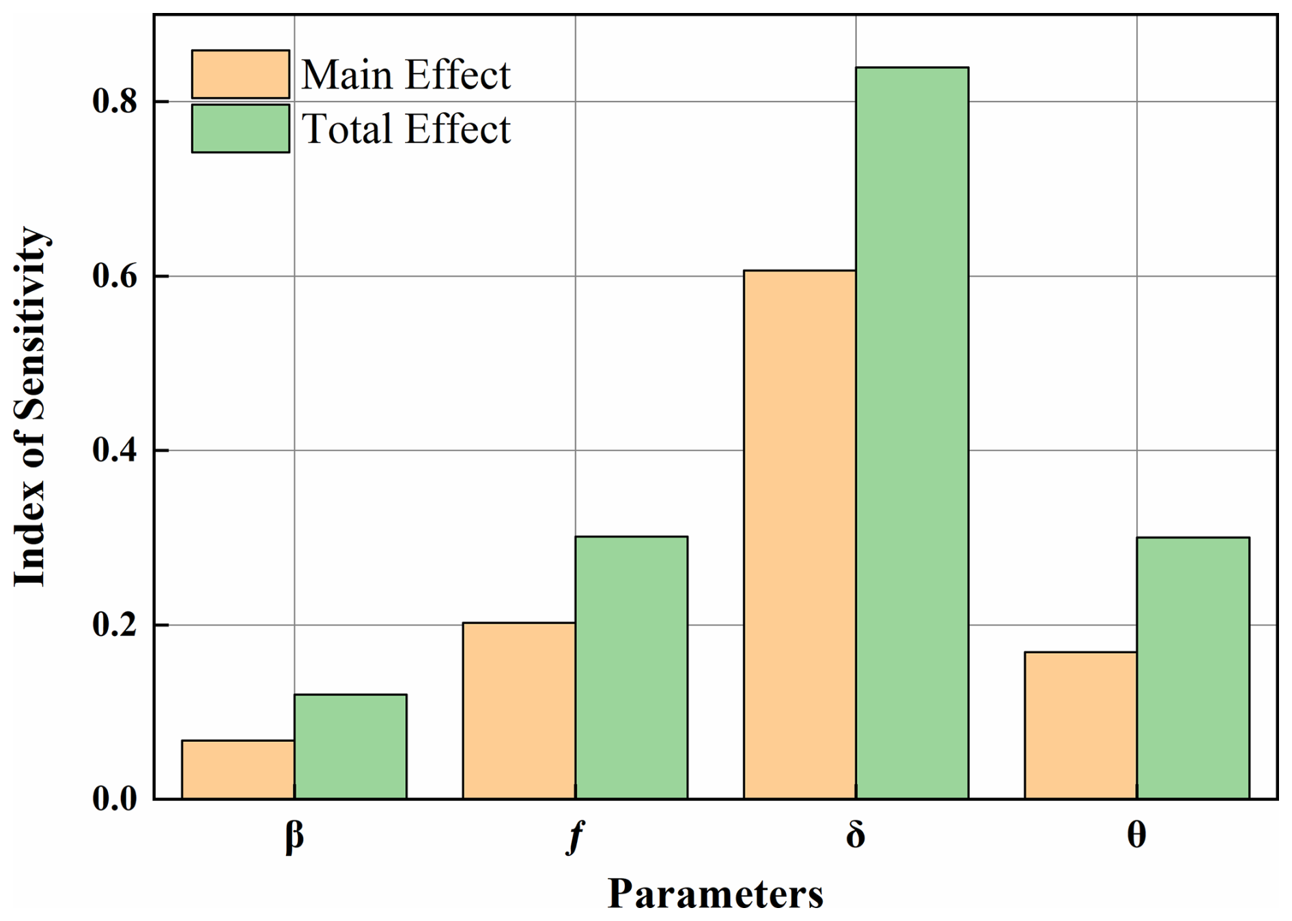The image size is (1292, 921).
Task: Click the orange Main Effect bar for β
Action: pos(238,769)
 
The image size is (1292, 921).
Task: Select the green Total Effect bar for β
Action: pos(350,746)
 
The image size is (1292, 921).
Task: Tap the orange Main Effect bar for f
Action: pos(518,711)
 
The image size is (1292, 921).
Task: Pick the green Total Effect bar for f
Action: pos(631,668)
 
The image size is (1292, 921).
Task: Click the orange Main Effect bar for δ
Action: pos(800,534)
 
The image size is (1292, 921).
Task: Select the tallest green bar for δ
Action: pos(912,432)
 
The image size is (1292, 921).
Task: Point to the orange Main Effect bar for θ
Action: pos(1080,725)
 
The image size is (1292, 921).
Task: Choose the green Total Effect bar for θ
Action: pos(1193,668)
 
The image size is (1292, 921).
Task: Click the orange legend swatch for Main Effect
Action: pos(240,74)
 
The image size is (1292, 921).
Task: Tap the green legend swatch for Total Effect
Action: pos(240,128)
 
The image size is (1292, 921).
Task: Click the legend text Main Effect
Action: pos(406,74)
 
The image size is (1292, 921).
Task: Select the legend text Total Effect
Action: pos(406,129)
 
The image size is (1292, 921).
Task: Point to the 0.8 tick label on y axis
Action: pos(114,102)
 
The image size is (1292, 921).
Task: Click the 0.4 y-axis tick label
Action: pos(114,451)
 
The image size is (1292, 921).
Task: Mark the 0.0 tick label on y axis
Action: pos(114,799)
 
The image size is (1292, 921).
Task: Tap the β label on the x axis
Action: pos(294,836)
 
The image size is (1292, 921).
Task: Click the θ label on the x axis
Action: pos(1136,835)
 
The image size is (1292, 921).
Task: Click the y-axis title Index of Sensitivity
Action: pos(30,407)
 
